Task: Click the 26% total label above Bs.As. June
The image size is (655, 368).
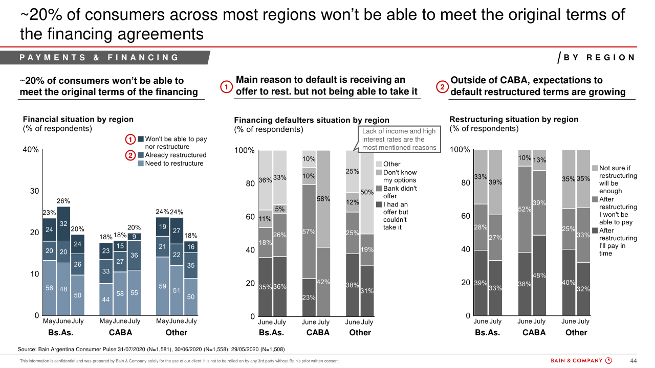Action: point(63,201)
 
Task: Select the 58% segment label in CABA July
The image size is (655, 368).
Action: point(323,198)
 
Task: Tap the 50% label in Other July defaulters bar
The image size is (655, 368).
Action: point(367,192)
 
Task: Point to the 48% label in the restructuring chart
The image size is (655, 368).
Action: point(539,275)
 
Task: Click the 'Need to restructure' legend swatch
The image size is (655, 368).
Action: point(141,164)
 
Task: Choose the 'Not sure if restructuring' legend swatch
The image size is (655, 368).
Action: point(595,168)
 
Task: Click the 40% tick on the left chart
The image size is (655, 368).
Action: point(30,150)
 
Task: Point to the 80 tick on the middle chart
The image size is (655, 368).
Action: point(250,183)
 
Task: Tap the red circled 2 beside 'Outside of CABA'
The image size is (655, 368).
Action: point(442,87)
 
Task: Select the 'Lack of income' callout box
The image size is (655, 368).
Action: point(400,139)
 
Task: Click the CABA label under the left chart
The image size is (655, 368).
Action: point(120,333)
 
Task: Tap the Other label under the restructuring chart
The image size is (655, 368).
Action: point(576,332)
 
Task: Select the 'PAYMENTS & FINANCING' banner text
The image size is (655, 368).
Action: point(99,58)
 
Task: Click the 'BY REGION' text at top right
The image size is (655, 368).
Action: point(599,58)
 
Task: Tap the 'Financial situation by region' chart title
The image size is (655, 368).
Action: point(78,119)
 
